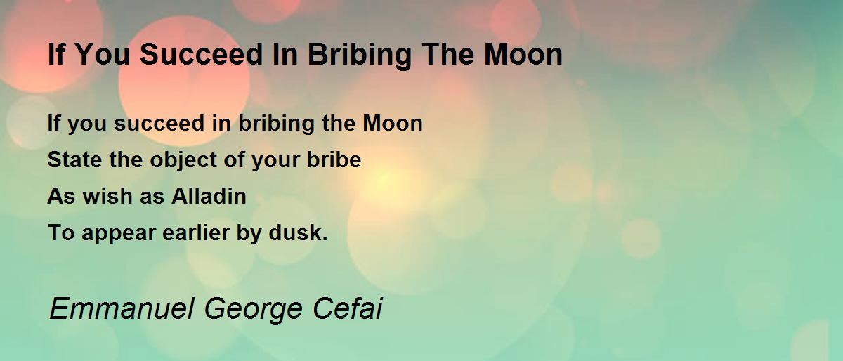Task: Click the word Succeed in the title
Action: point(201,54)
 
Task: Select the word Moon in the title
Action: point(523,54)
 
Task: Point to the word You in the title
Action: point(103,54)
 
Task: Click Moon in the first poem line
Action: point(393,123)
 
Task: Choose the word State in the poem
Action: point(74,159)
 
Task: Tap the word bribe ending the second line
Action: point(334,159)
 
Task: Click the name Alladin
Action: point(209,196)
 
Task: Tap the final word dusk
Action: point(298,232)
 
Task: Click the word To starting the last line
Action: point(61,232)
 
